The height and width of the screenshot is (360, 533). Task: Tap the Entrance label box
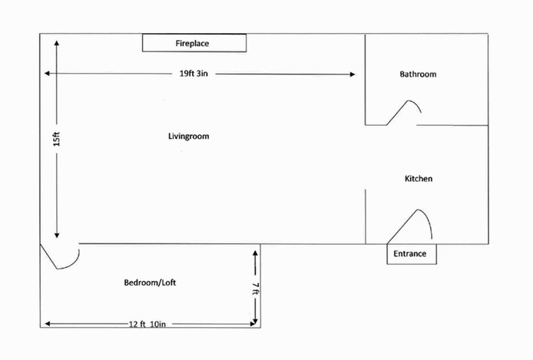[x=411, y=254]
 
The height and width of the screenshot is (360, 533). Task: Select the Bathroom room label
[x=418, y=74]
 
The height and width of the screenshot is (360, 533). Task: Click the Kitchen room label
[x=419, y=179]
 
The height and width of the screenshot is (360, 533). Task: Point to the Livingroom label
[x=188, y=137]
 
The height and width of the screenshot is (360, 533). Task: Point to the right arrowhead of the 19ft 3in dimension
[x=352, y=74]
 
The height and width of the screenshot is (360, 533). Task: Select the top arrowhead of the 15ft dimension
[x=57, y=42]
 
